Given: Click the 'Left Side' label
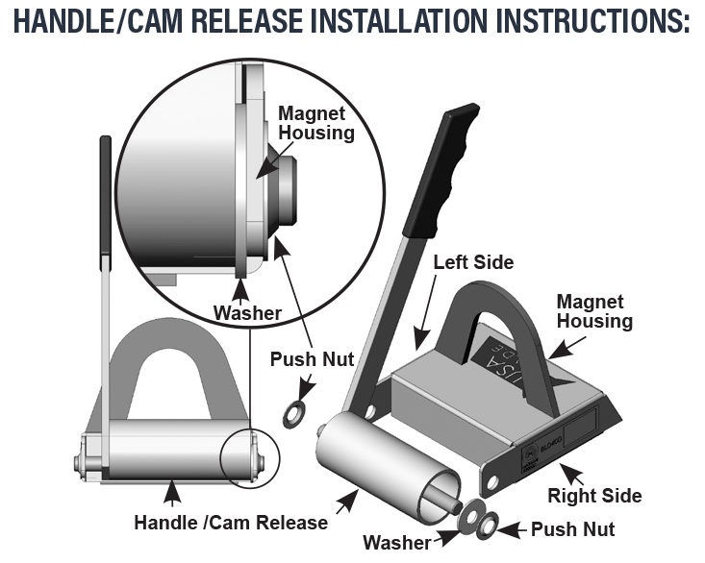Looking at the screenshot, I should click(473, 261).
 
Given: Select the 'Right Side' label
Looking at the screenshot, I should click(594, 496).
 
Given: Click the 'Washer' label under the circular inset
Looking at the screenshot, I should click(247, 312).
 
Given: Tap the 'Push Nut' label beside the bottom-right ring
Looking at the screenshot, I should click(573, 528).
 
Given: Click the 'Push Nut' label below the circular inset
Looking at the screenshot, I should click(312, 359).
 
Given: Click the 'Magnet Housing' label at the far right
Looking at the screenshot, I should click(590, 311).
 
